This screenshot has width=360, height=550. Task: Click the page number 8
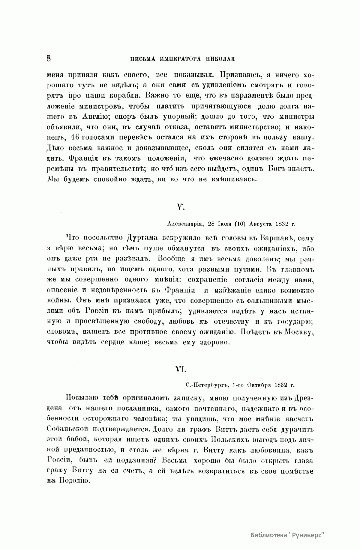click(x=49, y=58)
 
